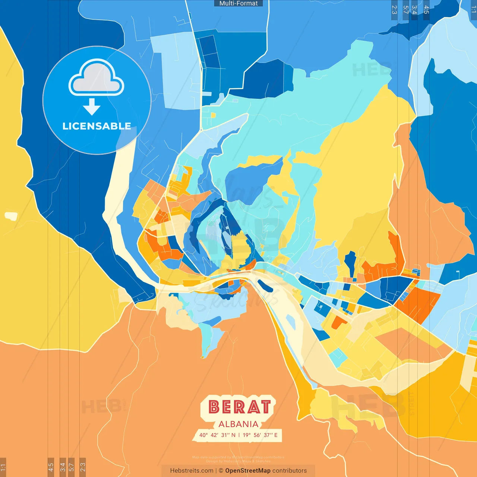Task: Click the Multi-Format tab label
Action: [238, 3]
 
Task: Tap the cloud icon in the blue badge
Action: [96, 78]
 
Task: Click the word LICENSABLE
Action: [97, 126]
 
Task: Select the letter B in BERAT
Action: [214, 407]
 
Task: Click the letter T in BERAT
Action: [265, 407]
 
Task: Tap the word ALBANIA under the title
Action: [238, 424]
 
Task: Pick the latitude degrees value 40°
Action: [203, 435]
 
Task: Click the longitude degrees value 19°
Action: [247, 435]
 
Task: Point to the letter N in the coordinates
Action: [233, 435]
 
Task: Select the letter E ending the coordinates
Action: [276, 435]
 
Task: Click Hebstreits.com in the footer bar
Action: [192, 471]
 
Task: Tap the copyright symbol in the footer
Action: [221, 471]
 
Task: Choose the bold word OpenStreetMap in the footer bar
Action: [248, 471]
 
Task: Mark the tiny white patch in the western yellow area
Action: [11, 215]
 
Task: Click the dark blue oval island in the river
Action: [265, 286]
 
